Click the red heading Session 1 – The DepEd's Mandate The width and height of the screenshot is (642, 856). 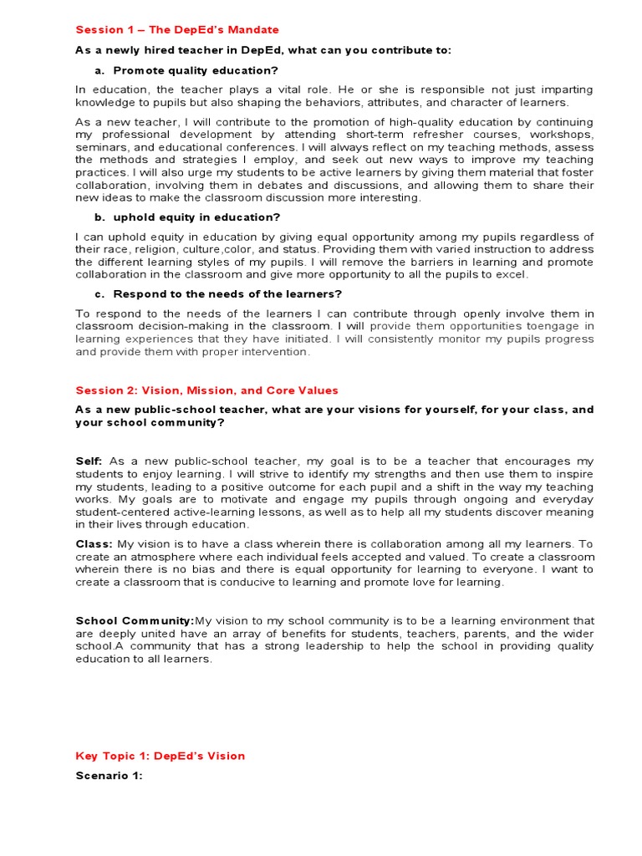[x=177, y=30]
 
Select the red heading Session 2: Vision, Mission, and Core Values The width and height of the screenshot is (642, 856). [x=206, y=390]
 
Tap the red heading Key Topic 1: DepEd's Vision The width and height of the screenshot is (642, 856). [x=160, y=756]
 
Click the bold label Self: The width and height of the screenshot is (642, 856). [x=89, y=461]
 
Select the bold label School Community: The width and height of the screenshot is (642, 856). [x=135, y=620]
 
